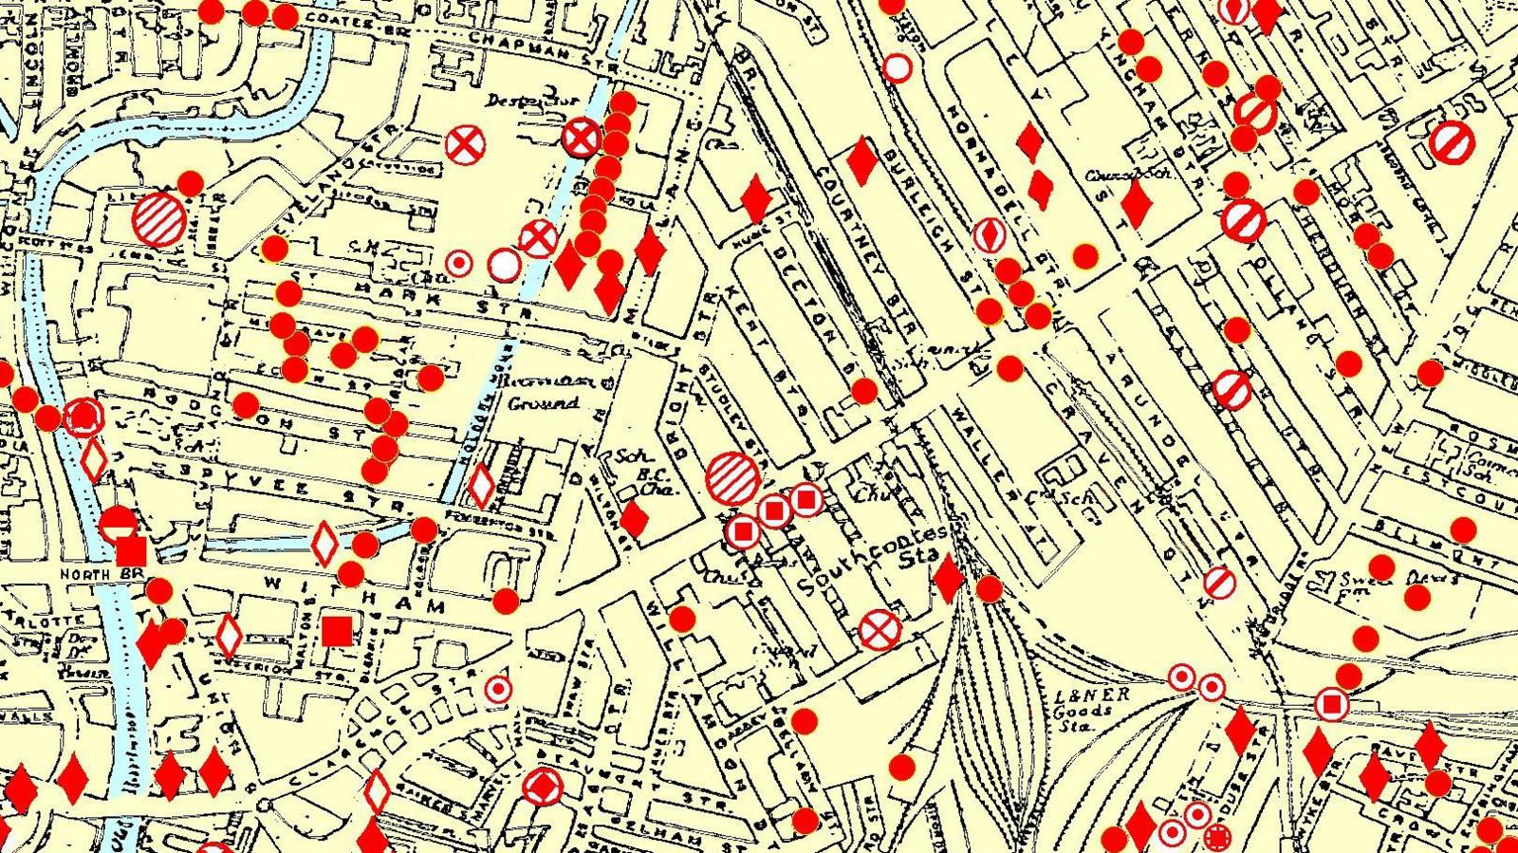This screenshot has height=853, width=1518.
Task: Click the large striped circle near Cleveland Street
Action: (x=159, y=219)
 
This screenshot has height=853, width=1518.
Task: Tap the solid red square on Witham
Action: (x=336, y=630)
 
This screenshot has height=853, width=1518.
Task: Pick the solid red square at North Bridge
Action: (x=131, y=551)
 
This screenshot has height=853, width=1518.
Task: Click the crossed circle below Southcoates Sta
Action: (x=879, y=629)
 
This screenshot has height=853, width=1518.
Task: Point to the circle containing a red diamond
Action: (x=544, y=787)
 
